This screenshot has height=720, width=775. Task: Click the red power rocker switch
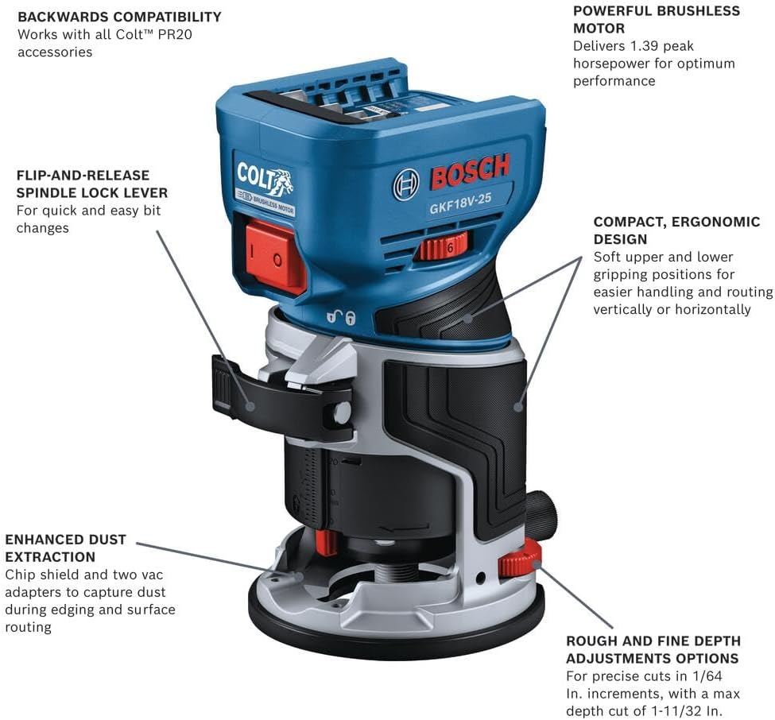click(x=275, y=256)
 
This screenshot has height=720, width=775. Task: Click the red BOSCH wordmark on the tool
click(x=470, y=171)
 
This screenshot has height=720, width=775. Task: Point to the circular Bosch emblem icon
click(x=406, y=185)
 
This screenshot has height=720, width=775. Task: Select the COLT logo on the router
click(x=265, y=180)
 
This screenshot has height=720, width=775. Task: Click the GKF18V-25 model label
click(x=460, y=203)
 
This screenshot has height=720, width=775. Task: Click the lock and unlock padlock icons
click(x=341, y=317)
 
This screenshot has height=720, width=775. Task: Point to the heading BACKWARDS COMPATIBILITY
click(x=119, y=17)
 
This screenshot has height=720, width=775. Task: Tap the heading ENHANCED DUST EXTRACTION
click(x=66, y=548)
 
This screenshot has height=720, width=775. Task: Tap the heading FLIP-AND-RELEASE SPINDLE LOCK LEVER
click(x=92, y=184)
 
